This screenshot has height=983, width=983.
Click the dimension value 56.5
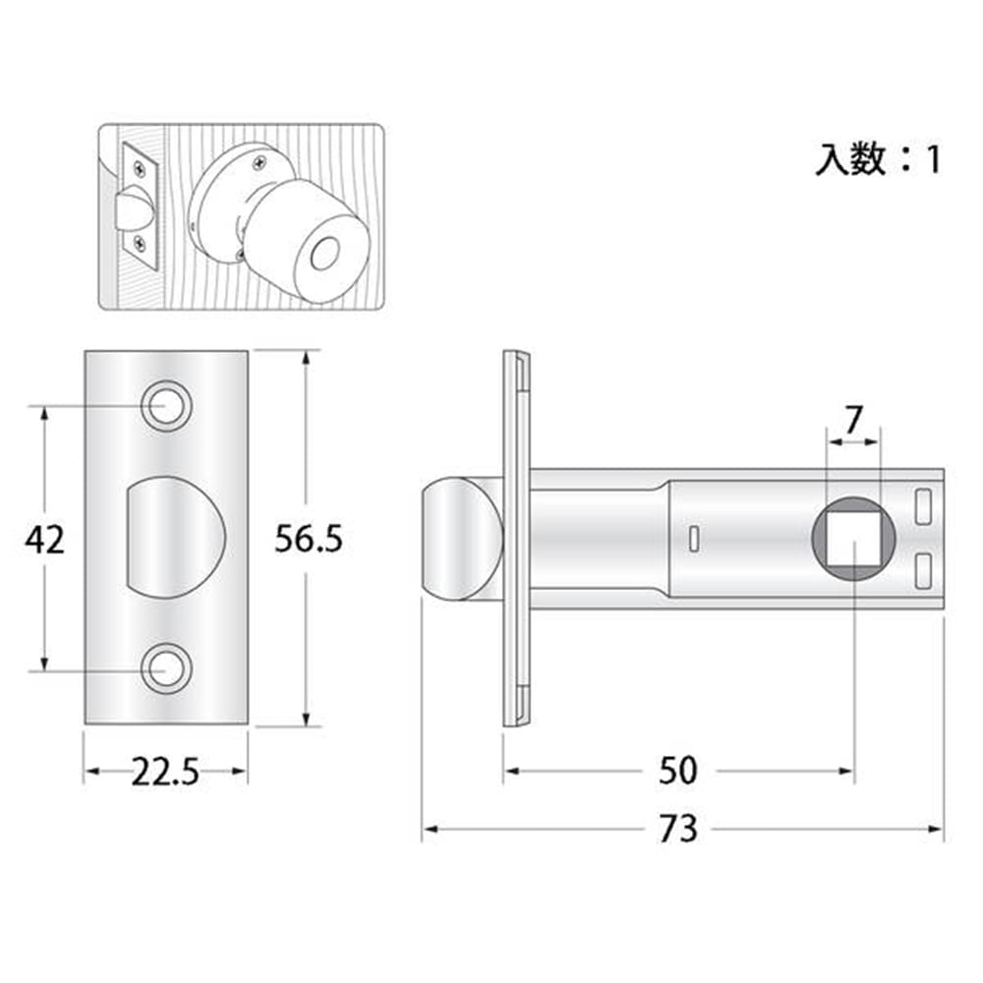tap(309, 539)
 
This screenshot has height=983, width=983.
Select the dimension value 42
tap(44, 539)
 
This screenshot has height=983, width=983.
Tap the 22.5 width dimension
tap(165, 772)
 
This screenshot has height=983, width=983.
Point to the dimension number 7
tap(853, 420)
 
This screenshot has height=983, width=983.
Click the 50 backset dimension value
tap(677, 771)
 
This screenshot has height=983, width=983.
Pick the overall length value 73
tap(678, 829)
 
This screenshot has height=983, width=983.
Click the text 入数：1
tap(878, 159)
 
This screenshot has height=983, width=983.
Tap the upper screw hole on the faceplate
tap(166, 406)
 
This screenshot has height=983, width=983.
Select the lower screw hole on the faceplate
tap(166, 668)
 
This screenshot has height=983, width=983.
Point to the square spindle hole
tap(853, 539)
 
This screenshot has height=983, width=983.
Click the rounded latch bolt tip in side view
tap(461, 539)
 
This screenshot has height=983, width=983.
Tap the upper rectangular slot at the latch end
tap(922, 506)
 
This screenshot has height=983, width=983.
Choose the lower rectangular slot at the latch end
tap(922, 571)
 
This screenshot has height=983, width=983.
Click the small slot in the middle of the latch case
tap(693, 539)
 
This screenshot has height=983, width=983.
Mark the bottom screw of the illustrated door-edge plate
tap(141, 242)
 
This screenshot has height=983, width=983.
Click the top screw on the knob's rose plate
tap(259, 164)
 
